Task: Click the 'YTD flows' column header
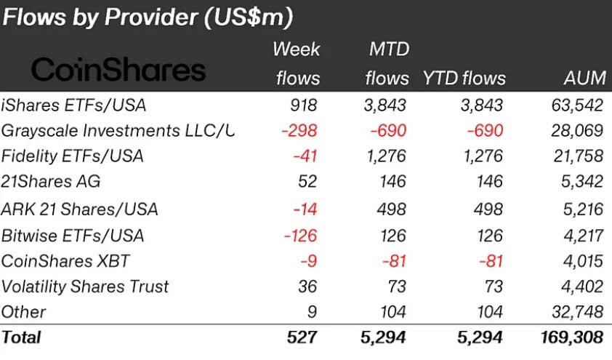pos(464,79)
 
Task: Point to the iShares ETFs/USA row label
pos(73,105)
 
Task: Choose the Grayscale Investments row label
pos(117,131)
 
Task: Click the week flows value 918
pos(303,105)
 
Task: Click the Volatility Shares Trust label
pos(85,287)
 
